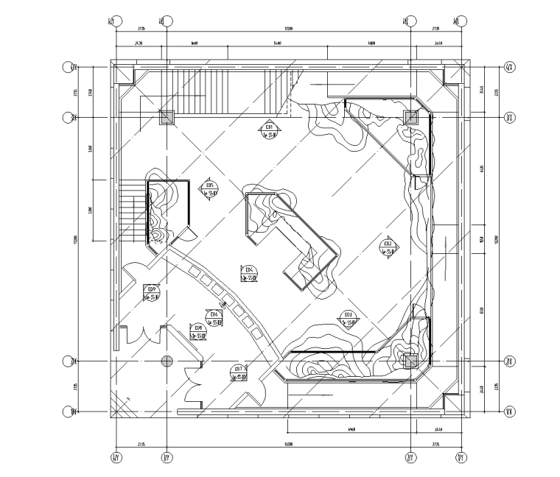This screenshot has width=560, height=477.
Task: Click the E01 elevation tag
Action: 270,130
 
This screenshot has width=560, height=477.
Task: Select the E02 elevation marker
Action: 388,247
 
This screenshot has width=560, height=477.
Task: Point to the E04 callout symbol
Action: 248,272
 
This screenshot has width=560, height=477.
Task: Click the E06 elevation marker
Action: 214,318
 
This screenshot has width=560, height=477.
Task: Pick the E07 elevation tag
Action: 238,372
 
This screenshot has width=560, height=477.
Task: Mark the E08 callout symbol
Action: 197,331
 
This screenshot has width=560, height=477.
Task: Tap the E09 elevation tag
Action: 152,292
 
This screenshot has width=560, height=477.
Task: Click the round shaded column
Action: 167,361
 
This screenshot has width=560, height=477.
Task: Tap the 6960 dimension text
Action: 351,428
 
